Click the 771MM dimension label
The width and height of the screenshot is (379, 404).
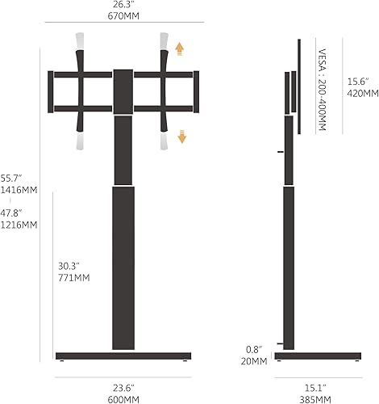(x=73, y=277)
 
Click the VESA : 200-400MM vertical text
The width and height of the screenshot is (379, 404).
(x=323, y=90)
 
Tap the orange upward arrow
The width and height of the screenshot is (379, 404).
(x=181, y=48)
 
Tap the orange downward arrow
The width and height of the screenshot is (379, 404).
(x=181, y=136)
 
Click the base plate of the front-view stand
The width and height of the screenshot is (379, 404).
(x=123, y=356)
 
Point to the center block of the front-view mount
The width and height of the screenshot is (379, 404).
(x=123, y=90)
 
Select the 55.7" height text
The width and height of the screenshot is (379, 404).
(x=11, y=178)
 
